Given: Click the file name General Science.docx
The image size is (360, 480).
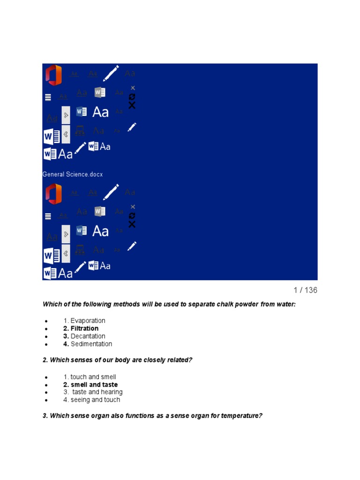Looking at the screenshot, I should click(73, 174).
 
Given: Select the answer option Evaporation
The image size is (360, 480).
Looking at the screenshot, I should click(88, 321).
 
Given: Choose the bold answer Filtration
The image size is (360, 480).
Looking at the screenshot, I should click(84, 329).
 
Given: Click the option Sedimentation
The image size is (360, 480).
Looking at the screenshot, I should click(91, 344).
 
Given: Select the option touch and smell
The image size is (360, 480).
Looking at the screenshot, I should click(93, 377).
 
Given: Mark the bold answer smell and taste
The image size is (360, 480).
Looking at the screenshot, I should click(94, 385).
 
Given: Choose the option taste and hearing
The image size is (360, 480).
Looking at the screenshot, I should click(97, 392).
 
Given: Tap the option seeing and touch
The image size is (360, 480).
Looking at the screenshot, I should click(95, 400).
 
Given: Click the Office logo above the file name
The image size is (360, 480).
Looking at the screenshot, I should click(53, 75).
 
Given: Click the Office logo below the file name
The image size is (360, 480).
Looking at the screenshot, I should click(53, 194).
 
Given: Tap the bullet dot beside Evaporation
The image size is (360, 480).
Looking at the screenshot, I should click(46, 322).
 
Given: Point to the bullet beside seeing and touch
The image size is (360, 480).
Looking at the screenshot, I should click(46, 401).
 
